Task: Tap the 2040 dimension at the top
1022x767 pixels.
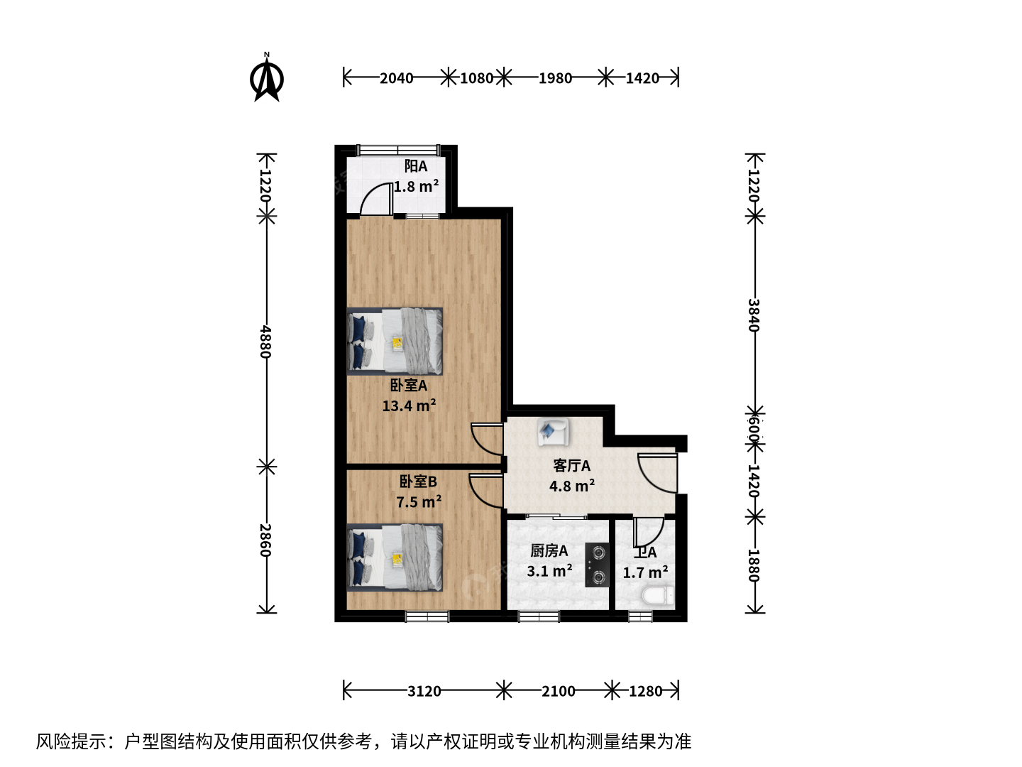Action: coord(396,78)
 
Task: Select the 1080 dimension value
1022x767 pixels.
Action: coord(476,78)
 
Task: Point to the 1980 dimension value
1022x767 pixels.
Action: coord(555,78)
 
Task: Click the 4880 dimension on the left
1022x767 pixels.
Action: coord(266,342)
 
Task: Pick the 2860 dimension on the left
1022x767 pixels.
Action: coord(266,540)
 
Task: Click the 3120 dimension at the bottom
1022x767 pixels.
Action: coord(424,691)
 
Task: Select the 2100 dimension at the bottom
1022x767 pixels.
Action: coord(558,691)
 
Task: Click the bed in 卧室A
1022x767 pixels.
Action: coord(395,341)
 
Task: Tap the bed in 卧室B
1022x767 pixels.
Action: coord(395,557)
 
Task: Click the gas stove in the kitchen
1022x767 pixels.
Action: coord(597,565)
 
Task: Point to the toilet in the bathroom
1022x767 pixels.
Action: coord(657,596)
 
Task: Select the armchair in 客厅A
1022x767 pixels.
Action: coord(552,431)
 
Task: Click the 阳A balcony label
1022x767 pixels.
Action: coord(416,165)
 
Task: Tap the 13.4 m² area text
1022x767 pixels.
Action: coord(410,405)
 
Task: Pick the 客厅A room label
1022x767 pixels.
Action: coord(572,465)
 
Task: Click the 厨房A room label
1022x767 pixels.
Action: coord(549,551)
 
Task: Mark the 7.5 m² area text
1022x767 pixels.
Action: coord(419,501)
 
